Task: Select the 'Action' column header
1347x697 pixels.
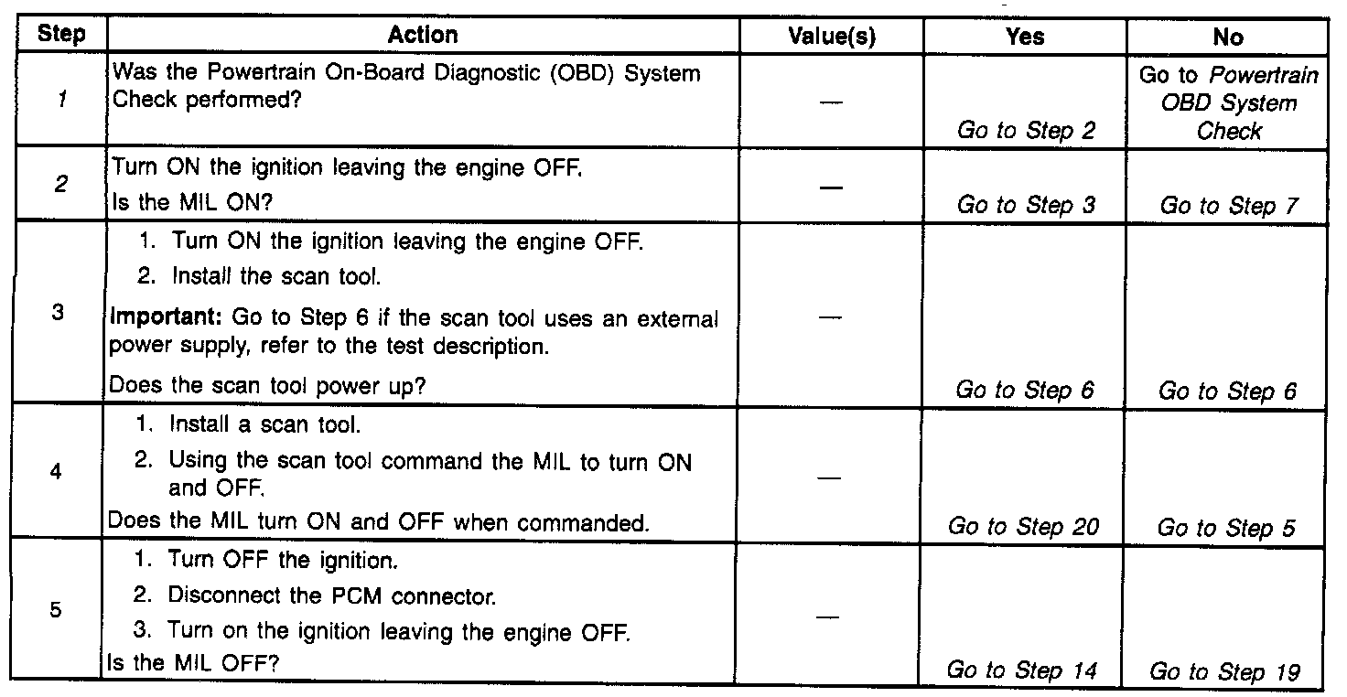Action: (422, 36)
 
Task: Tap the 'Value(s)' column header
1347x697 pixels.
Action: (832, 37)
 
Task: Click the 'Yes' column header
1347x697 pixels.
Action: (1025, 37)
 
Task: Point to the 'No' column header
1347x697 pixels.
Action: (1228, 37)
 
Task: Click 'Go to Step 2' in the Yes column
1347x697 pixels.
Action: (1026, 131)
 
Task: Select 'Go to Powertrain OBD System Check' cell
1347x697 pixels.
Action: (1229, 102)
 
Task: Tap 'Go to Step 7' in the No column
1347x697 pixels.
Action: (1228, 206)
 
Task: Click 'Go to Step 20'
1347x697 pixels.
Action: (1023, 526)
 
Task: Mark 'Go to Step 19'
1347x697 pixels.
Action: (1224, 672)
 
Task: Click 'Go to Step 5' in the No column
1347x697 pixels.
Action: (1226, 528)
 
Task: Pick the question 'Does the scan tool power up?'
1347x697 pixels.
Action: (267, 386)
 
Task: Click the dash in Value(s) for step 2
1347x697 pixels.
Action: (830, 186)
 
